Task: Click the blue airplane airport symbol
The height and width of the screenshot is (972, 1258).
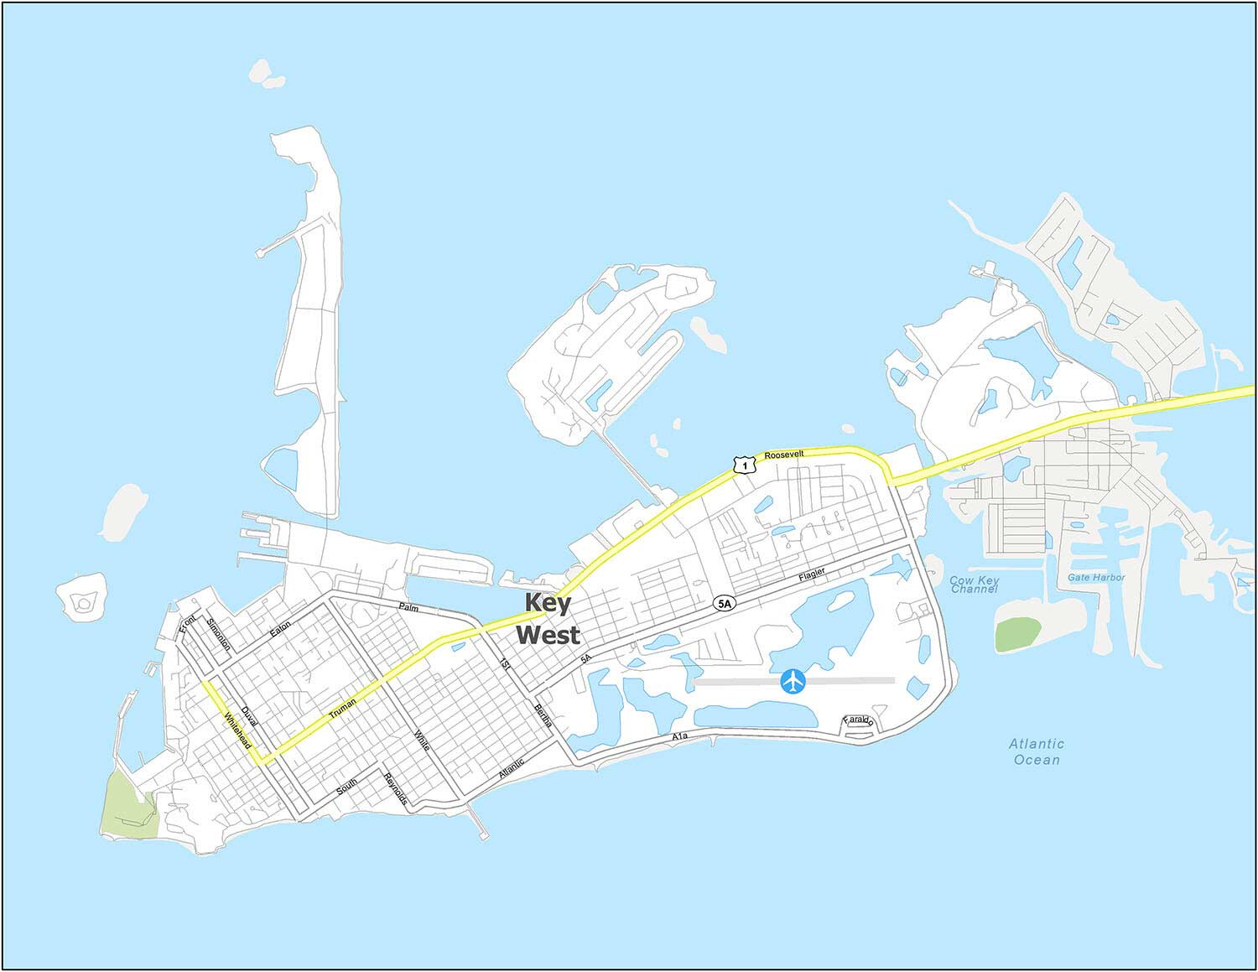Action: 793,682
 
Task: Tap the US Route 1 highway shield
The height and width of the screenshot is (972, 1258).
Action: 740,464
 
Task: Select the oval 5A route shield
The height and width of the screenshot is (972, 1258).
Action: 724,603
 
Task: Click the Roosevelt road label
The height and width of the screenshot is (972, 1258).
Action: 784,454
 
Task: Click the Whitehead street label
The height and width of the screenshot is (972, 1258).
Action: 237,731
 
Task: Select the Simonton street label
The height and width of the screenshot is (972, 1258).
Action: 219,635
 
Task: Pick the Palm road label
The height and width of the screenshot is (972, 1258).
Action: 408,606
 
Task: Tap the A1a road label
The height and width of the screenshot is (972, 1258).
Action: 679,736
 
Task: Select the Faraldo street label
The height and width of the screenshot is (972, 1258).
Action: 859,720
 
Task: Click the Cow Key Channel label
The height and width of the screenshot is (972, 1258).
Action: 974,585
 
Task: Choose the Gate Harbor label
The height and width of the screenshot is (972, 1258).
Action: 1096,578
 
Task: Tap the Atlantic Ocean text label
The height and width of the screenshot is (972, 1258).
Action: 1037,751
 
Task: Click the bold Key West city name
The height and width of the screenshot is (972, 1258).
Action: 548,619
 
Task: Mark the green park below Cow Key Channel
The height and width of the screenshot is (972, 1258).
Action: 1017,633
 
